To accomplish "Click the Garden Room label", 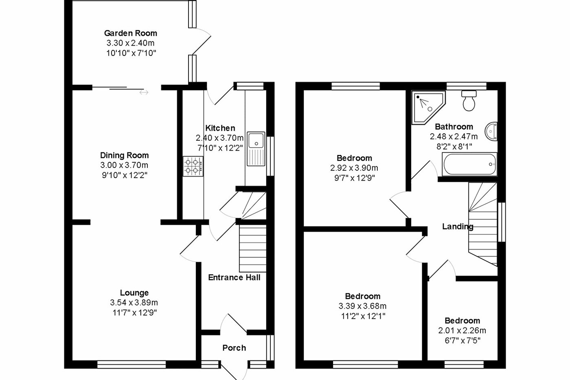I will point(130,33).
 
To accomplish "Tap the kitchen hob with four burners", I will point(193,166).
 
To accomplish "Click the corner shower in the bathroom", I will point(428,107).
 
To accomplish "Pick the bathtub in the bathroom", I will point(469,164).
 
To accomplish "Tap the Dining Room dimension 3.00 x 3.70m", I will point(124,165).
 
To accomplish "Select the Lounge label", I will point(134,293).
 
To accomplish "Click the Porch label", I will point(234,348).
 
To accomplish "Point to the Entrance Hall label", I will point(234,278).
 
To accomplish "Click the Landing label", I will point(458,227).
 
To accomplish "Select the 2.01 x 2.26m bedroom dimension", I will point(462,331).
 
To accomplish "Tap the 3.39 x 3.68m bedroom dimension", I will point(362,306).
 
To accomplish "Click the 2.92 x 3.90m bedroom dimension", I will point(354,168).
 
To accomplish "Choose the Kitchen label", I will point(220,128).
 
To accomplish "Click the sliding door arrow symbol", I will point(144,93).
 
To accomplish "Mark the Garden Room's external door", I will point(202,42).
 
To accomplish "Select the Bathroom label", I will point(454,126).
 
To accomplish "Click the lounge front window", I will point(132,364).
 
